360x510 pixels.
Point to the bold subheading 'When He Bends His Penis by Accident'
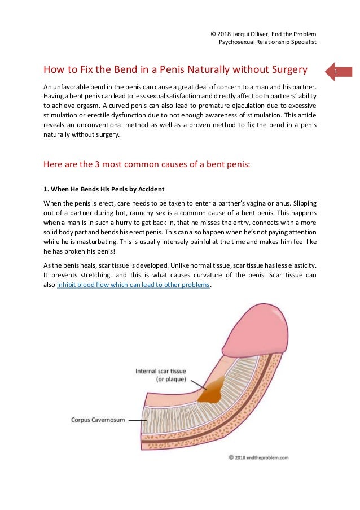point(104,188)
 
